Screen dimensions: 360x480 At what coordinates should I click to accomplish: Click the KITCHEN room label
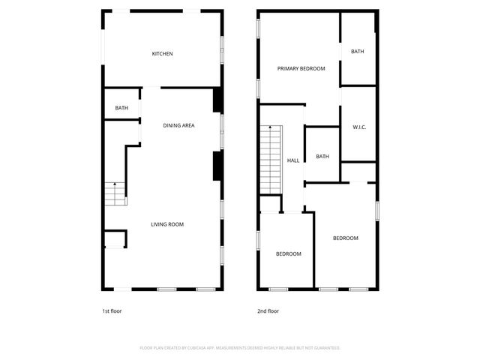pos(163,54)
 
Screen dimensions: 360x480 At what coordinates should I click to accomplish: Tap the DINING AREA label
pos(178,125)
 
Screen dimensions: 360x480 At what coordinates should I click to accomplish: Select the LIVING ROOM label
pos(167,224)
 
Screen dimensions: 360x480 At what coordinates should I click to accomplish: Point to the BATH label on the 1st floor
pos(121,109)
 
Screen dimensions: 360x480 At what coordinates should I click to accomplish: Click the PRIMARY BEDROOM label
pos(301,69)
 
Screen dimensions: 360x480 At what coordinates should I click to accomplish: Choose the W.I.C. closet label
pos(358,127)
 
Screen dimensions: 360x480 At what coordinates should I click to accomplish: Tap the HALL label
pos(293,160)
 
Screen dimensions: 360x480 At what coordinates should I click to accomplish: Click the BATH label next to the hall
pos(322,157)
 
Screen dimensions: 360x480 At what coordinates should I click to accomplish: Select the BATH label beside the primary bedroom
pos(357,52)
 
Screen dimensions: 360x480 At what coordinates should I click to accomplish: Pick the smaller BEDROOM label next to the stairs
pos(288,254)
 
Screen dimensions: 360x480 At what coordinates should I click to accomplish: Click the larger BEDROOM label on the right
pos(346,238)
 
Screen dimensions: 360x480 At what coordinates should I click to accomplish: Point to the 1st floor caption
pos(111,310)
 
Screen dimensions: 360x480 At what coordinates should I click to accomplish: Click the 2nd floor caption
pos(268,310)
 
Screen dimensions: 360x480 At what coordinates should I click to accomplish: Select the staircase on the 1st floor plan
pos(115,194)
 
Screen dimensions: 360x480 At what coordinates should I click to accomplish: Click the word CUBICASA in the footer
pos(214,348)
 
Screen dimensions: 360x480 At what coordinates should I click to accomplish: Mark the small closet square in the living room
pos(114,240)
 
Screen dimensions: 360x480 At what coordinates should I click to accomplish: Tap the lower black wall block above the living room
pos(217,166)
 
